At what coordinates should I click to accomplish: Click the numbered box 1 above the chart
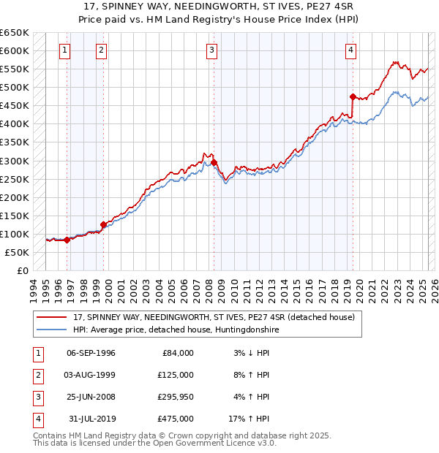tap(65, 50)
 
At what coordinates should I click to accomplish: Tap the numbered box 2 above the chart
tap(101, 50)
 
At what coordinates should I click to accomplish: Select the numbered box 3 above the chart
tap(211, 50)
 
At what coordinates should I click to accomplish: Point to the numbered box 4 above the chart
tap(351, 50)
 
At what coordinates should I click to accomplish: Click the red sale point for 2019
tap(353, 96)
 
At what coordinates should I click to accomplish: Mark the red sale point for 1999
tap(103, 224)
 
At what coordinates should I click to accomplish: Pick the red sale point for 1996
tap(67, 240)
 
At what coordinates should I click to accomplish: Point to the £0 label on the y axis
tap(21, 270)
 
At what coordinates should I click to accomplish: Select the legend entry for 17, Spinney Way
tap(214, 317)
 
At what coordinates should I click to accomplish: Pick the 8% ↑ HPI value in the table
tap(252, 374)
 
